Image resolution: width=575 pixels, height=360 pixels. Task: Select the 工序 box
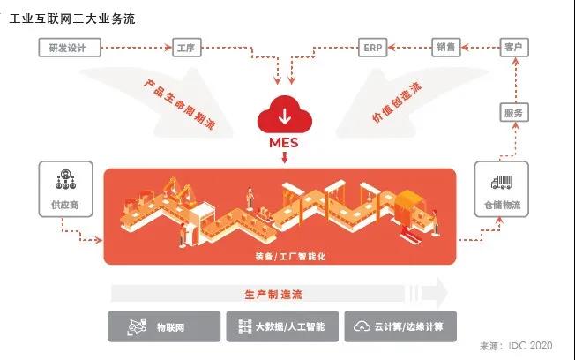(184, 48)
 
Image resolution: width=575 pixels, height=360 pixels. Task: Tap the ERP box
(370, 48)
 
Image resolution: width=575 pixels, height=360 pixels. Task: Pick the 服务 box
(513, 112)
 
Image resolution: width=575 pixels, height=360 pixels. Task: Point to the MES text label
(283, 142)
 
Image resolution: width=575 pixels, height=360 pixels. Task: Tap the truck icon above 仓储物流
(502, 182)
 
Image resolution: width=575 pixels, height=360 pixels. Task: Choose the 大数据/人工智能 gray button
(281, 326)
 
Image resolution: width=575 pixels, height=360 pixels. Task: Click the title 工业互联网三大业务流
(72, 18)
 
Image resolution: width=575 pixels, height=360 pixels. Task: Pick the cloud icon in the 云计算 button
(362, 327)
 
